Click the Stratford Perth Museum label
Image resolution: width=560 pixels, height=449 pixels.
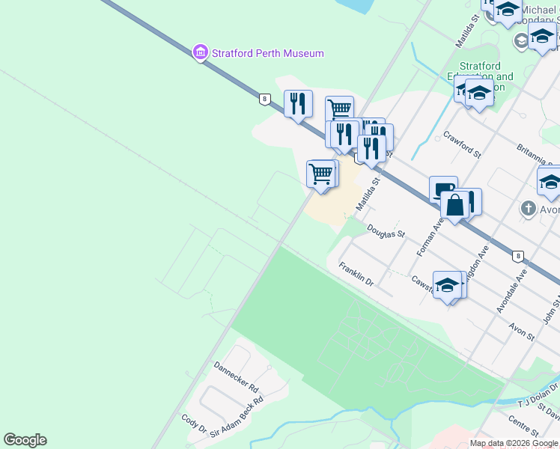(267, 53)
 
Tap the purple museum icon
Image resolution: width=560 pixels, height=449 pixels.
(201, 52)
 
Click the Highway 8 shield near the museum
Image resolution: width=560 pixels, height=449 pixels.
(264, 98)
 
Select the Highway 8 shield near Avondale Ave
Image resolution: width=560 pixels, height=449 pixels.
(517, 256)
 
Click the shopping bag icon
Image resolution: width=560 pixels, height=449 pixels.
(454, 204)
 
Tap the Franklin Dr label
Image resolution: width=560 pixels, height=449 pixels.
(356, 274)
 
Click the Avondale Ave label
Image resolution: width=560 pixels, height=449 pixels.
(512, 290)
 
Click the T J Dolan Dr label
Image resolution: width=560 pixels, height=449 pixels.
(534, 394)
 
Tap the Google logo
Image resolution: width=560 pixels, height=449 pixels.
(25, 440)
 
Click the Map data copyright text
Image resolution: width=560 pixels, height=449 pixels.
(514, 443)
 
